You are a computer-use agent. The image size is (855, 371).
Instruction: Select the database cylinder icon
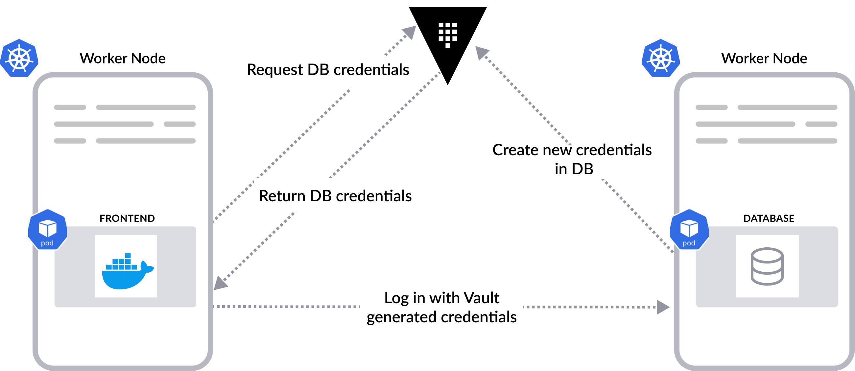pos(767,266)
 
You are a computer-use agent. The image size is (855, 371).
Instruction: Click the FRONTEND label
pos(127,218)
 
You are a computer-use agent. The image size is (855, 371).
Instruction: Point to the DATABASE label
pos(769,218)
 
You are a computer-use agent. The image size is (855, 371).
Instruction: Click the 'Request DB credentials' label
pos(328,70)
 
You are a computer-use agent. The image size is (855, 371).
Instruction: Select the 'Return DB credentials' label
pos(335,196)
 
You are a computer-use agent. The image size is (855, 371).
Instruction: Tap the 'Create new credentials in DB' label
pos(572,160)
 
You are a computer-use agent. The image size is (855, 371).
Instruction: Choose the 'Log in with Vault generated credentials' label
pos(441,307)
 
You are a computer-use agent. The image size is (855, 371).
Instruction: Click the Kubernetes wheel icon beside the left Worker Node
pos(19,59)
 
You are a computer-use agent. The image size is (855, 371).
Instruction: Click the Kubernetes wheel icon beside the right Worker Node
pos(660,59)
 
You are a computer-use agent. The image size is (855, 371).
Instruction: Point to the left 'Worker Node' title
pos(123,59)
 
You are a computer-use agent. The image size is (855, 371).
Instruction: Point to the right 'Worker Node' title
pos(764,59)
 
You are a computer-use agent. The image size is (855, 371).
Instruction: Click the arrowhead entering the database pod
pos(662,307)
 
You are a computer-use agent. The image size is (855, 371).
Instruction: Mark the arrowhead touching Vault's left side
pos(410,32)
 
